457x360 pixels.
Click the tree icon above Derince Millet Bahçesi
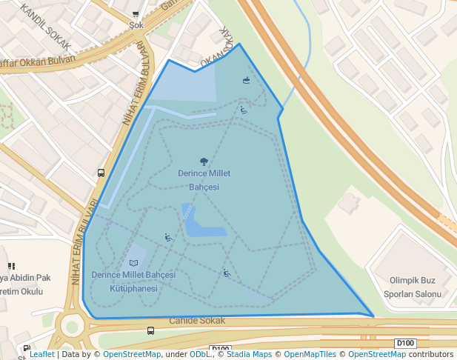pos(204,161)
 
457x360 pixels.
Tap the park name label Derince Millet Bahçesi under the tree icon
pos(204,180)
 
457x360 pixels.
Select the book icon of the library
pos(133,263)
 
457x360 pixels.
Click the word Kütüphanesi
pos(133,288)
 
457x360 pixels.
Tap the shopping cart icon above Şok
pos(136,14)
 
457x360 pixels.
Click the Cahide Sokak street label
pos(196,321)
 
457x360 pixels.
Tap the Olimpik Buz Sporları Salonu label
pos(412,287)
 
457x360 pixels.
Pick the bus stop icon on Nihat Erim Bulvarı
pos(101,173)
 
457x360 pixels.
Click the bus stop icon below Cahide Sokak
pos(151,331)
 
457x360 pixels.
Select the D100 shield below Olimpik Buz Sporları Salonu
pos(404,343)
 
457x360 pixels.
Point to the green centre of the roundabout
pos(72,326)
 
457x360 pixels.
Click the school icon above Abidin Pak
pos(11,266)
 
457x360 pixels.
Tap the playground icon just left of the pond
pos(168,238)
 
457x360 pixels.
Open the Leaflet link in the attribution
pos(41,355)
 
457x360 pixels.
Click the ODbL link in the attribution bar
pos(201,355)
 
